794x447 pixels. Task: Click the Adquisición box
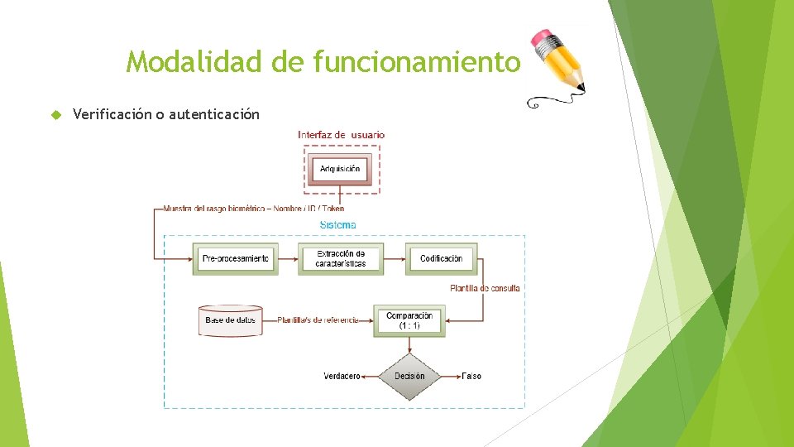340,169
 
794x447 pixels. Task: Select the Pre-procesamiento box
235,258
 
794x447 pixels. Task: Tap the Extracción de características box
340,258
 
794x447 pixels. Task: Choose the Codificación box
441,258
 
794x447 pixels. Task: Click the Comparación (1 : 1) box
409,320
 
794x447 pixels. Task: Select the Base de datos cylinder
232,320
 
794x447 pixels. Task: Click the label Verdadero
341,376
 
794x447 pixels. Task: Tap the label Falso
471,376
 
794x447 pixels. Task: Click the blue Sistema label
337,225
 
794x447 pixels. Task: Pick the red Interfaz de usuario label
341,135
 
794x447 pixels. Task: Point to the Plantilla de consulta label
485,288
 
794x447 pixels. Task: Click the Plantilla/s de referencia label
318,320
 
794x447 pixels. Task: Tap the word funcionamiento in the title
418,62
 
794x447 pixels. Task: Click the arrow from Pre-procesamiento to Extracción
287,258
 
